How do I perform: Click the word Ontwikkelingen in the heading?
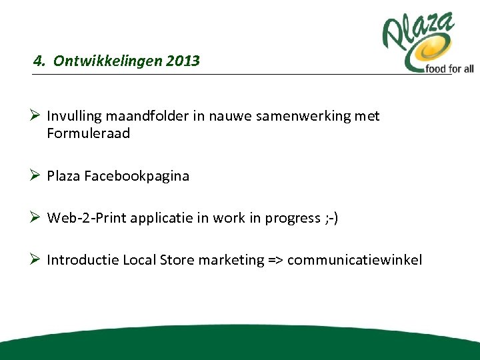click(109, 61)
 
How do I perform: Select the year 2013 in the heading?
click(184, 61)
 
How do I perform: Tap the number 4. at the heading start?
click(40, 61)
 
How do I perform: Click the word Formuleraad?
click(89, 133)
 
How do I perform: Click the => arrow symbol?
click(275, 260)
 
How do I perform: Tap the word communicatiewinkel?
click(355, 260)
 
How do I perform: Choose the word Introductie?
click(83, 260)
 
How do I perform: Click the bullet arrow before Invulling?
click(37, 116)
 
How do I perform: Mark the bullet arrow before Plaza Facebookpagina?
click(37, 177)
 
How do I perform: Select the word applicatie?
click(165, 219)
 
